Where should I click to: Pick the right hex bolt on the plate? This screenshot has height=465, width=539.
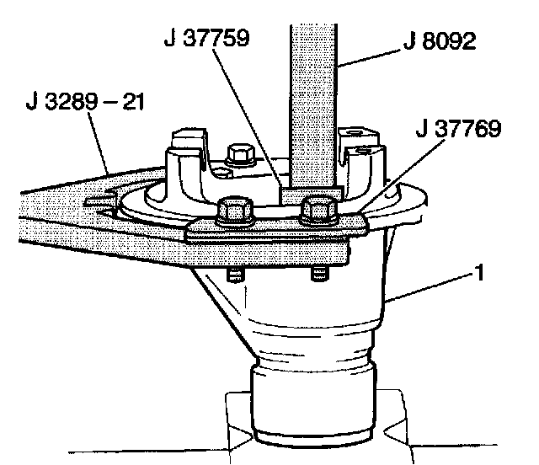tap(318, 208)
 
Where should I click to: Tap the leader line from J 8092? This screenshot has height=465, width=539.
tap(371, 59)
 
